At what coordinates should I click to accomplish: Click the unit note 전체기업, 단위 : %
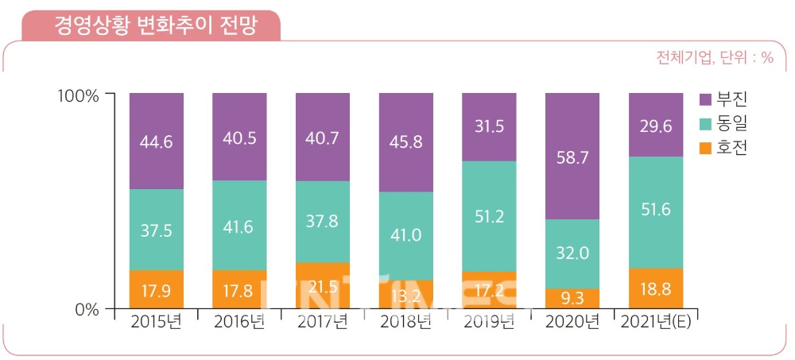pyautogui.click(x=715, y=58)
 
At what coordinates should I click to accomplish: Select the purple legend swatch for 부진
pyautogui.click(x=704, y=99)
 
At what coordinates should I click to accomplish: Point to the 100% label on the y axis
pyautogui.click(x=78, y=95)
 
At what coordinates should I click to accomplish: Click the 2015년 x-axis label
pyautogui.click(x=157, y=322)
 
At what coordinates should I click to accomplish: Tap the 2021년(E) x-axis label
pyautogui.click(x=656, y=322)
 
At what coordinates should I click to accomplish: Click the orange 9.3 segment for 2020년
pyautogui.click(x=572, y=299)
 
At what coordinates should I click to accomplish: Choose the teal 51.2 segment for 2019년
pyautogui.click(x=489, y=216)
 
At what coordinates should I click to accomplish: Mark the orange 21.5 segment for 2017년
pyautogui.click(x=323, y=285)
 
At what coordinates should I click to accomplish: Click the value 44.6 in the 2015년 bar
pyautogui.click(x=157, y=141)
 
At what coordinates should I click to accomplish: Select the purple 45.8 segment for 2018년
pyautogui.click(x=405, y=142)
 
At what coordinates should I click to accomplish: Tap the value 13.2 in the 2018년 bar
pyautogui.click(x=405, y=296)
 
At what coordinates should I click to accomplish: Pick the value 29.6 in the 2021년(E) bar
pyautogui.click(x=656, y=126)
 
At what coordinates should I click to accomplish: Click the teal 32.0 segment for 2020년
pyautogui.click(x=572, y=254)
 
